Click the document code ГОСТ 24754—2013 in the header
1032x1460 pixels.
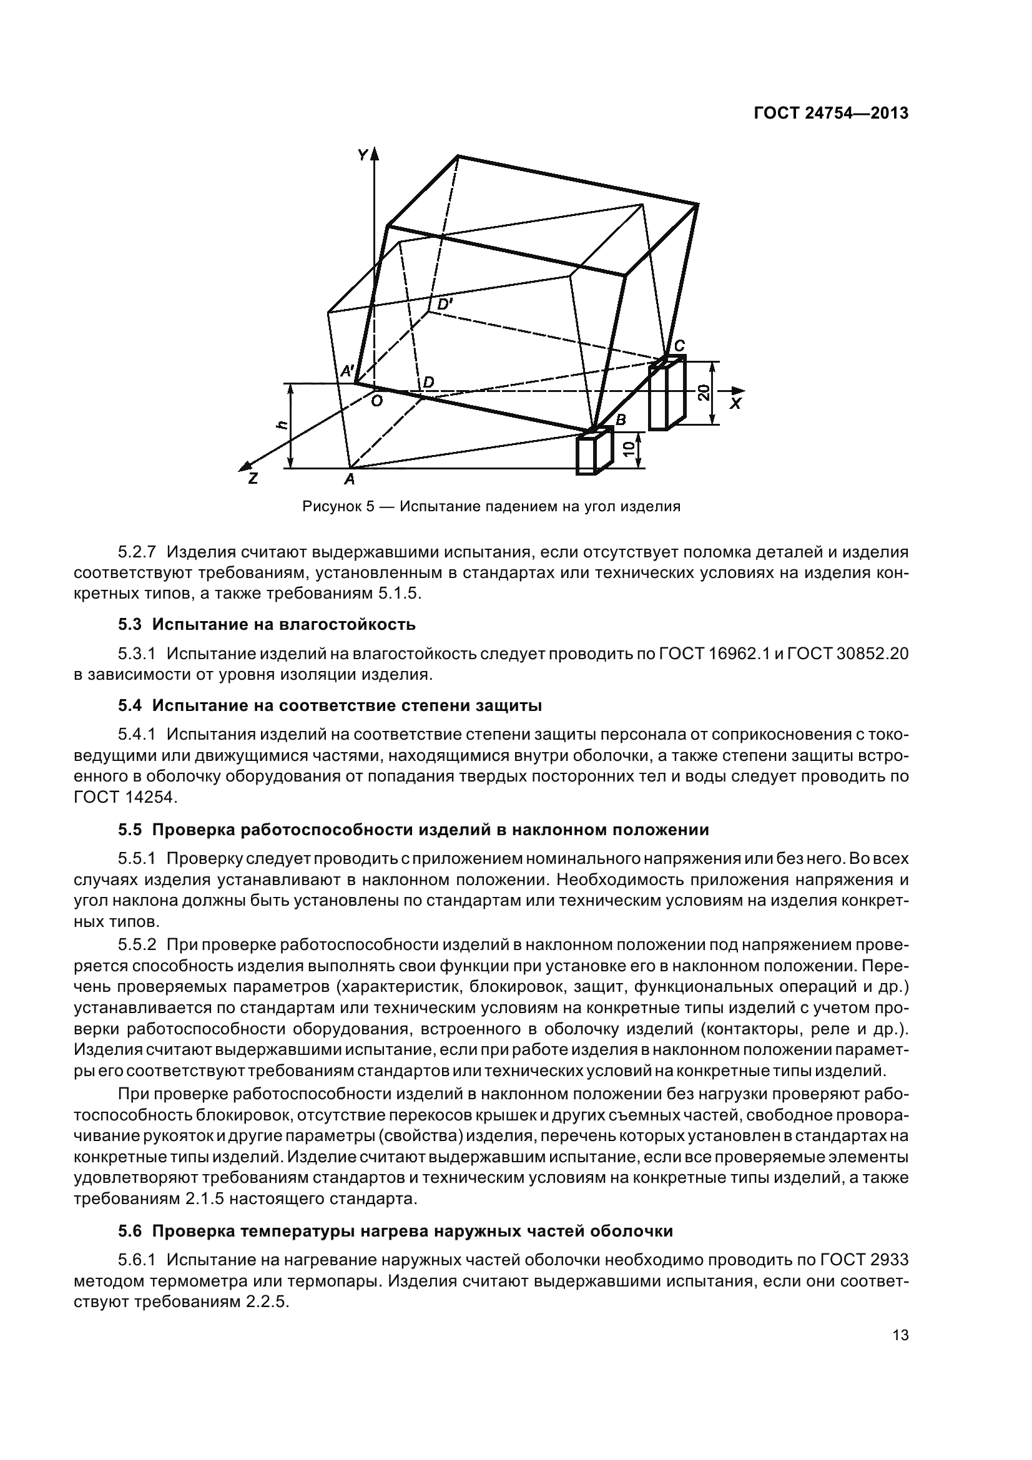(x=831, y=113)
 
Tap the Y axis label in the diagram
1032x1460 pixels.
(x=363, y=155)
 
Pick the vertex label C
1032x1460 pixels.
(x=679, y=345)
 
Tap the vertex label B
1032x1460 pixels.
(x=621, y=419)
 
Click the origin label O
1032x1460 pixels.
(x=376, y=400)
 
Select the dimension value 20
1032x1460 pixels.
(x=703, y=393)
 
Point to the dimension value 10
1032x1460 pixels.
(x=629, y=450)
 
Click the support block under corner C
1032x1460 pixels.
(x=666, y=394)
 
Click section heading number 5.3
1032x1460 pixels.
(x=129, y=624)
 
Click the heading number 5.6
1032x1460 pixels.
(x=129, y=1232)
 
